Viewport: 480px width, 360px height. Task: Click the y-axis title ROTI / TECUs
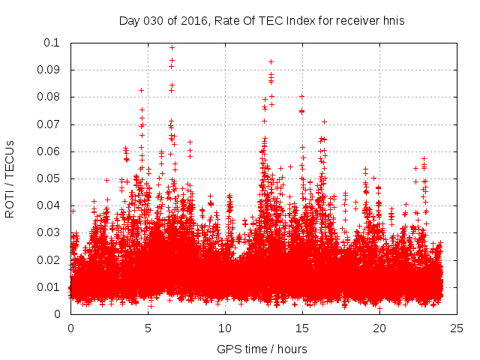(x=10, y=178)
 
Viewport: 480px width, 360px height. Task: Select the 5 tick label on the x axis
(x=148, y=328)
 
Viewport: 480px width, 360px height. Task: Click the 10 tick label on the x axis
(x=225, y=328)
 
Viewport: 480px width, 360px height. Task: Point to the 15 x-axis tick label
(x=302, y=328)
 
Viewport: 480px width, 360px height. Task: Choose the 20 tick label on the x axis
(x=379, y=328)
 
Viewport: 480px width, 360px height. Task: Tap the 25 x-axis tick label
(x=457, y=328)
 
